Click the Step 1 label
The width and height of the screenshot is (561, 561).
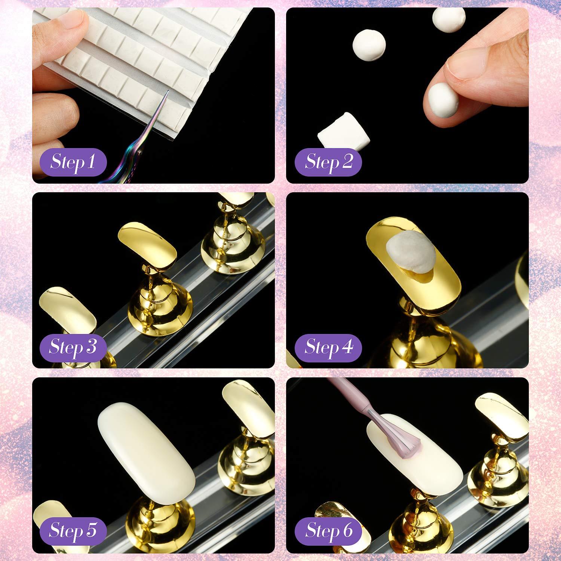pyautogui.click(x=73, y=162)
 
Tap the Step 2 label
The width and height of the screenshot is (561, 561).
pyautogui.click(x=328, y=162)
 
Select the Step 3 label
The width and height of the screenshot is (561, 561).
pyautogui.click(x=73, y=347)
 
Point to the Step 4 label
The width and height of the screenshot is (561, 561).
pyautogui.click(x=328, y=347)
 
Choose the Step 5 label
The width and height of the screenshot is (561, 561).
pyautogui.click(x=73, y=530)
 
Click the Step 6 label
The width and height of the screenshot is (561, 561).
pyautogui.click(x=328, y=530)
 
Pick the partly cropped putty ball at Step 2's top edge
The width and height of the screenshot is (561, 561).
pyautogui.click(x=449, y=17)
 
